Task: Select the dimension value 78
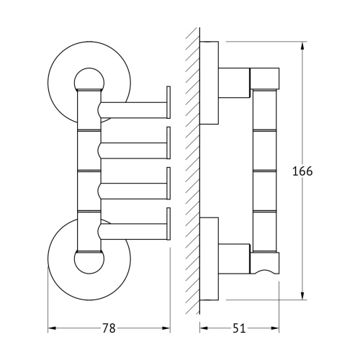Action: (108, 328)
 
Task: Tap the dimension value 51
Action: (239, 328)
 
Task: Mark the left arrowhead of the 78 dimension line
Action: (51, 329)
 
